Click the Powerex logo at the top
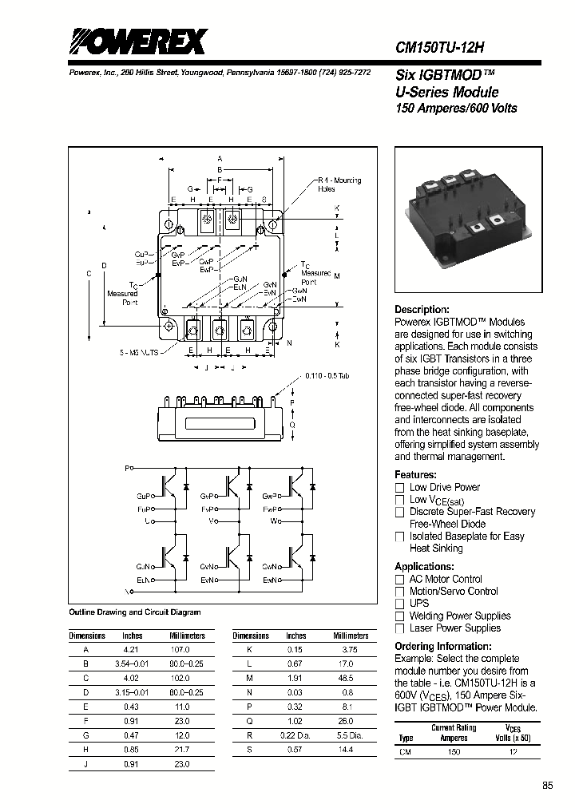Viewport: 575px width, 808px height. click(137, 42)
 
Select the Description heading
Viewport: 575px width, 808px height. click(422, 310)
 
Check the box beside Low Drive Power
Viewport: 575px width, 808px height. click(400, 488)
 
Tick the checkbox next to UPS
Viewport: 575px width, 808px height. click(400, 604)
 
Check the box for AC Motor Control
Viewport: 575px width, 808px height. click(400, 580)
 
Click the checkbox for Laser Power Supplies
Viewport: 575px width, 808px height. click(400, 628)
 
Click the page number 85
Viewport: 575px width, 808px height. click(547, 786)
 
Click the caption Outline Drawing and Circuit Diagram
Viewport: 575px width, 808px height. click(134, 612)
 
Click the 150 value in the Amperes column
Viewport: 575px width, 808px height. click(453, 751)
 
